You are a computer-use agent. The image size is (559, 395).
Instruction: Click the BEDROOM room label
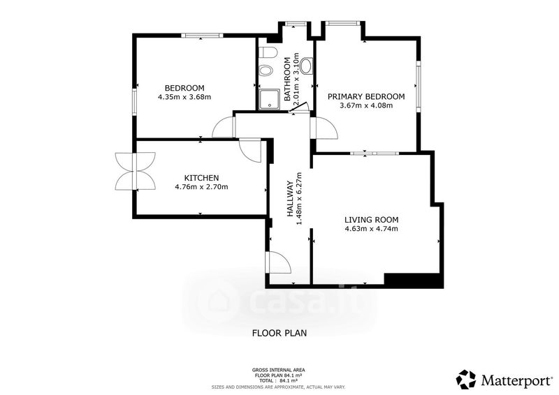(x=184, y=88)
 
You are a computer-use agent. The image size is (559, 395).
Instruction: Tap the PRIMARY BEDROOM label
(x=366, y=96)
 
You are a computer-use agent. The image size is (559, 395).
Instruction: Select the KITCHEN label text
(x=201, y=178)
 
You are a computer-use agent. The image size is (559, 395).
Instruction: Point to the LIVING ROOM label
(x=371, y=220)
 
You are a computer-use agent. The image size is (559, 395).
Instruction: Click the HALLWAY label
(x=290, y=199)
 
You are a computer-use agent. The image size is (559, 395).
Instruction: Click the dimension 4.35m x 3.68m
(x=184, y=97)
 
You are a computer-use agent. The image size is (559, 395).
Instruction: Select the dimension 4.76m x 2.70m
(x=201, y=186)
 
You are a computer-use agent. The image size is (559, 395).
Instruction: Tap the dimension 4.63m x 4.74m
(x=371, y=229)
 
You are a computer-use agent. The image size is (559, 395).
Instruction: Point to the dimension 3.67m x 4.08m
(x=366, y=105)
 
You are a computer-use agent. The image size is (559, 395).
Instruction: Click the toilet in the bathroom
(x=267, y=53)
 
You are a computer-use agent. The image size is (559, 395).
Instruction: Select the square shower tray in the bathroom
(x=269, y=99)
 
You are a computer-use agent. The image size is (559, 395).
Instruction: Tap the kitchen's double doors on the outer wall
(x=135, y=171)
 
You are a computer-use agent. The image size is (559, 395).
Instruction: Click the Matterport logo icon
(x=467, y=380)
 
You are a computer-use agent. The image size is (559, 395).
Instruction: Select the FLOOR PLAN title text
(x=279, y=334)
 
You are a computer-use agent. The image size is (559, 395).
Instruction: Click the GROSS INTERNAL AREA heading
(x=278, y=371)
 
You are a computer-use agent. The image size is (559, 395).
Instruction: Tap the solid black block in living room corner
(x=414, y=281)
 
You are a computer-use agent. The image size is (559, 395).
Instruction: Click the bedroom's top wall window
(x=202, y=36)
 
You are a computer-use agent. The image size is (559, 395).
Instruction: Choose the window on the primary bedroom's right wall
(x=418, y=86)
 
